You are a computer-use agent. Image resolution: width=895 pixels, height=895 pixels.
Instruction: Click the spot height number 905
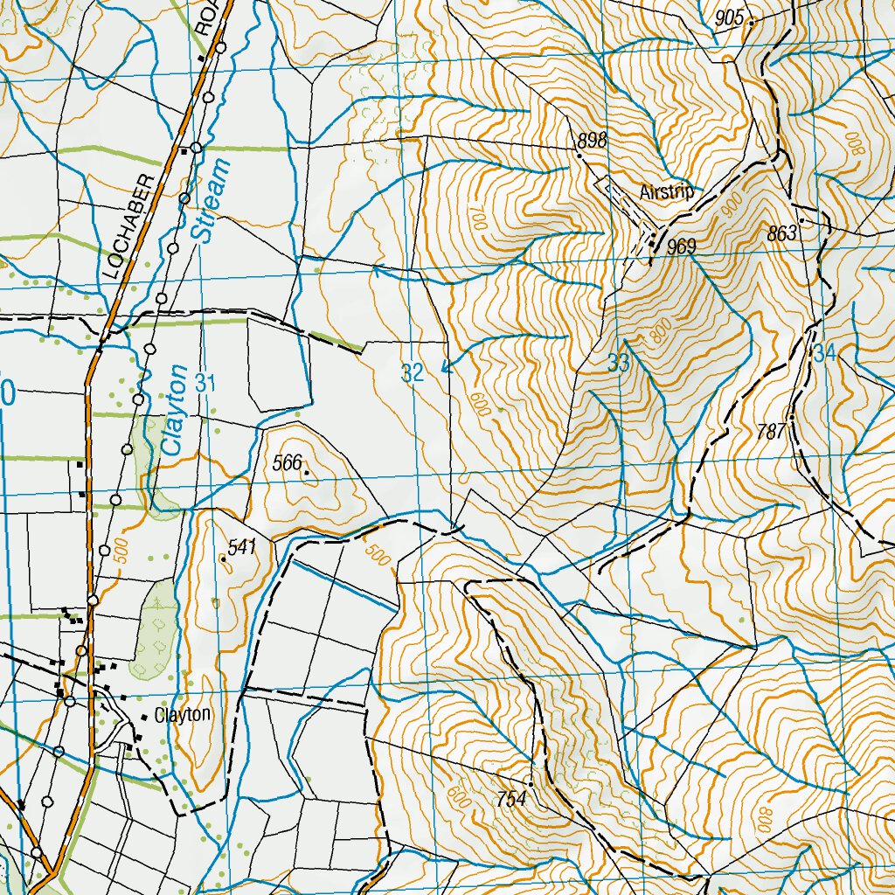click(x=728, y=18)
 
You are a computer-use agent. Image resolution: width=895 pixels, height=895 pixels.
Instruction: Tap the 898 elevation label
click(x=591, y=141)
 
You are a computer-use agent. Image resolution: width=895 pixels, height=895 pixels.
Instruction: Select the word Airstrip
click(x=666, y=192)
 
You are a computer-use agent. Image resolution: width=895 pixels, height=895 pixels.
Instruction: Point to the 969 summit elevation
click(x=680, y=247)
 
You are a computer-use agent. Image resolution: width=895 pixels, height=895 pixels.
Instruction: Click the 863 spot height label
click(x=781, y=233)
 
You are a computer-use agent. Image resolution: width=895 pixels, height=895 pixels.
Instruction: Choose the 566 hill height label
click(x=287, y=463)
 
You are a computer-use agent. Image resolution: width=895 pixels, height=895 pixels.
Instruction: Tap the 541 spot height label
click(x=241, y=547)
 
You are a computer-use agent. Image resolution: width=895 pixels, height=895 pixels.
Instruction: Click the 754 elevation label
click(x=510, y=798)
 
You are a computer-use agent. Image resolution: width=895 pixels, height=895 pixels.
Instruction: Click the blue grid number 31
click(x=205, y=382)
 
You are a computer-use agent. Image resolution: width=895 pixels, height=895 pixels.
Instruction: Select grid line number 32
click(x=412, y=374)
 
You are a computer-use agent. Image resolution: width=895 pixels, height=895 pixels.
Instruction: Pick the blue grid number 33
click(x=618, y=365)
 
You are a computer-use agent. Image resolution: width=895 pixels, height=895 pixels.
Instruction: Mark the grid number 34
click(x=824, y=355)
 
